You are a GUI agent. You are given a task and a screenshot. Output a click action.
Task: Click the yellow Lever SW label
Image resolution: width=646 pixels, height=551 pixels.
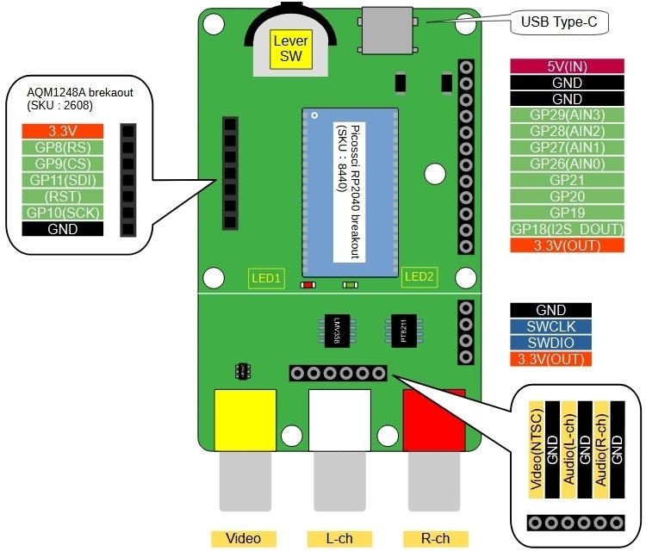pos(291,48)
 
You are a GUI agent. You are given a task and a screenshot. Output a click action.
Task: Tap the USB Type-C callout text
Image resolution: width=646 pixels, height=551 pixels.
pos(559,22)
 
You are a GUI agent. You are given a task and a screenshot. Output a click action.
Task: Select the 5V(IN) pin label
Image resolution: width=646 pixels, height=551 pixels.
pos(568,66)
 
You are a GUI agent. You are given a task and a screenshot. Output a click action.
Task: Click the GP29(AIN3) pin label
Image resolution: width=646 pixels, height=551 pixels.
pos(568,115)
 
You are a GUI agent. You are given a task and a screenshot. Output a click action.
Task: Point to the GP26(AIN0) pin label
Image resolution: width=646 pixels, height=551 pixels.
pos(568,164)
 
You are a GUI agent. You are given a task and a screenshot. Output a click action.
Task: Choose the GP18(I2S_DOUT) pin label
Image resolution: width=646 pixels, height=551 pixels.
pos(568,229)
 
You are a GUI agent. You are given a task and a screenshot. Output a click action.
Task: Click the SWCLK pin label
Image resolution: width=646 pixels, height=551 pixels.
pos(551,326)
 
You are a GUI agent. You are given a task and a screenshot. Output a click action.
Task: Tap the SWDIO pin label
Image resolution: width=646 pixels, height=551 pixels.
pos(551,343)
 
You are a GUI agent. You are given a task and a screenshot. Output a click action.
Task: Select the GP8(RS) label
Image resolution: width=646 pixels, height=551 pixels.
pos(63,147)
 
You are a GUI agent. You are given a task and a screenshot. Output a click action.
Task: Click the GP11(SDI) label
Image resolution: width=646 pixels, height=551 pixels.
pos(63,180)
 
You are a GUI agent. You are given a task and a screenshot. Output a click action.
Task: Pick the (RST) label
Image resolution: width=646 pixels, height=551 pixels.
pos(63,196)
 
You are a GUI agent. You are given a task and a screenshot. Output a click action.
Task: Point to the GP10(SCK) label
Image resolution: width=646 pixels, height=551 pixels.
pos(63,213)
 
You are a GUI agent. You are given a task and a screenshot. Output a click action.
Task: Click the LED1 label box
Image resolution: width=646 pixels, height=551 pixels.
pos(266,278)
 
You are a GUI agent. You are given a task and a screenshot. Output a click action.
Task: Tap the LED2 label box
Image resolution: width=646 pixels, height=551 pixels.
pos(419,276)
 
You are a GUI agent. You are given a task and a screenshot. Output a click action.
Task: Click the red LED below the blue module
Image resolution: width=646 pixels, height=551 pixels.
pos(307,285)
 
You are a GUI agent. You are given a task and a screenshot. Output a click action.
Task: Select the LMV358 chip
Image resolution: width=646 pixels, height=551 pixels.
pos(337,331)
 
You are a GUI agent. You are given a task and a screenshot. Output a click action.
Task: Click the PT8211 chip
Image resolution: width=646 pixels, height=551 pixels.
pos(404,331)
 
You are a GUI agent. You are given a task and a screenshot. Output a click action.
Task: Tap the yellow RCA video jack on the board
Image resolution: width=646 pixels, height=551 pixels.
pos(245,420)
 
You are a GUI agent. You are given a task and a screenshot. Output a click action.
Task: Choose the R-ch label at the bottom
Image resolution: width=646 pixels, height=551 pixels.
pos(436,539)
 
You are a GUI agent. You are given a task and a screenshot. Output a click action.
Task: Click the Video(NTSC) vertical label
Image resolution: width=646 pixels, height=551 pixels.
pos(537,449)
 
